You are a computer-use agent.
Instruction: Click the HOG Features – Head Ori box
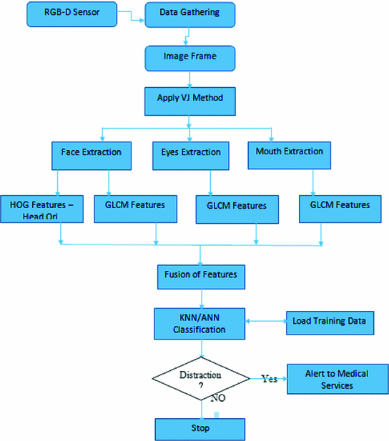(42, 208)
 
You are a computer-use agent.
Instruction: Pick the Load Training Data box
(329, 322)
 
